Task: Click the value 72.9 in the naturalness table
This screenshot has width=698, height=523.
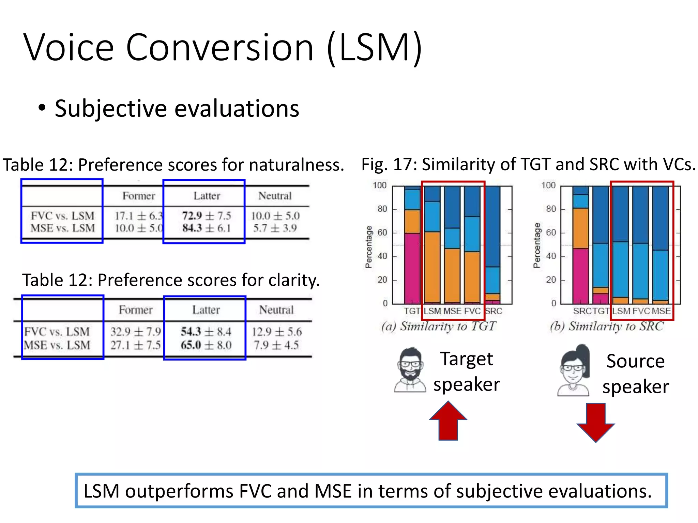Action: (x=192, y=216)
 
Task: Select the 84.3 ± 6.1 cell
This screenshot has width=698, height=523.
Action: (x=206, y=228)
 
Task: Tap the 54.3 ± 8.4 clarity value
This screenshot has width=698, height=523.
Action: (x=206, y=332)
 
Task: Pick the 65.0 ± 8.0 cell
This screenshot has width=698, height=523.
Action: (x=206, y=345)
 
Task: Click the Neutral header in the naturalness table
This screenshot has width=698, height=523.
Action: (x=275, y=196)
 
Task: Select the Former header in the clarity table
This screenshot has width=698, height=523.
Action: (x=136, y=310)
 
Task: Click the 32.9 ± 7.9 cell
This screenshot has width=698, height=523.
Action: (x=135, y=332)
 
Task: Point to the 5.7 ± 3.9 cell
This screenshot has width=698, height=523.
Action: (x=275, y=228)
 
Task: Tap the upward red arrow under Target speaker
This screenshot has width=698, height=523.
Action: (x=448, y=421)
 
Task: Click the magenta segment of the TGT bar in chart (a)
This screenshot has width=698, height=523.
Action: (x=412, y=268)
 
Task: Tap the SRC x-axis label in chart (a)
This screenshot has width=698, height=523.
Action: (x=494, y=311)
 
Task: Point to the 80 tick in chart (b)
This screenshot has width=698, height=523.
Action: (x=551, y=209)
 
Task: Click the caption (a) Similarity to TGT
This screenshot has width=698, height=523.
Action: (x=439, y=326)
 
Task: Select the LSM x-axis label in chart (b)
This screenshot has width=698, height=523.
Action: (x=621, y=311)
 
